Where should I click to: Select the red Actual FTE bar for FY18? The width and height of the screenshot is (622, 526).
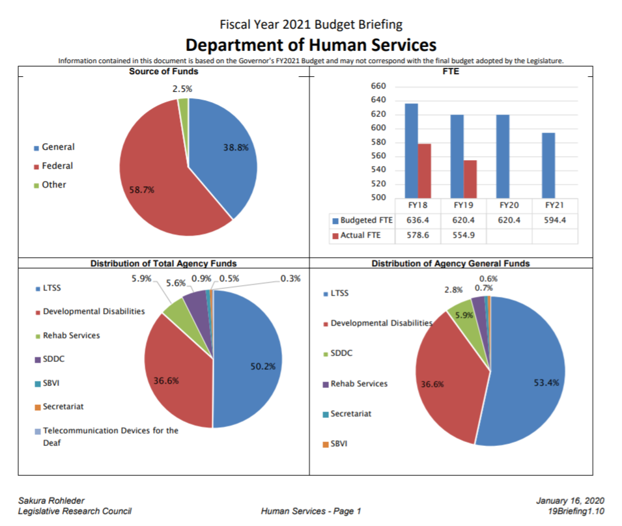(x=424, y=171)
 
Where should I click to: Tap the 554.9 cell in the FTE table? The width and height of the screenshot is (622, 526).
(x=463, y=235)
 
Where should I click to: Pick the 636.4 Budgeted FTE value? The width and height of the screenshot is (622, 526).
(x=417, y=220)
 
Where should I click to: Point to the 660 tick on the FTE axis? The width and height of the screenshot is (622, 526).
(x=378, y=87)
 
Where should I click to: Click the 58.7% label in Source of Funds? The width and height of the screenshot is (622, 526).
(x=141, y=189)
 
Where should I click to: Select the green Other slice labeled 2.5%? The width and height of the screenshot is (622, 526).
(x=184, y=104)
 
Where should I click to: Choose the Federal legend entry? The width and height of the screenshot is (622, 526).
(x=57, y=166)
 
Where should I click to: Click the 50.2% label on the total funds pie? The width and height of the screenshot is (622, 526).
(x=263, y=367)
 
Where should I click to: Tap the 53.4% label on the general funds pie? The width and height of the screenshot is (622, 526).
(x=546, y=383)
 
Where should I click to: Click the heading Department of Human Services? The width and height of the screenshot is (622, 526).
(x=311, y=45)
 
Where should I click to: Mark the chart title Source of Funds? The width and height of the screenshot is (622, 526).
(x=163, y=72)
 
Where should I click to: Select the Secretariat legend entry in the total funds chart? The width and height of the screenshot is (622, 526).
(x=63, y=407)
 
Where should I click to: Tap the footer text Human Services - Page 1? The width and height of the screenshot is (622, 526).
(x=311, y=511)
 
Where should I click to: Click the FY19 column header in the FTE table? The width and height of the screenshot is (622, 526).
(x=463, y=204)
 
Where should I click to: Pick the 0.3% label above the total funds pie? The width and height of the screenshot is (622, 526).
(x=290, y=279)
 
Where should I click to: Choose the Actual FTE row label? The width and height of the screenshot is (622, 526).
(x=360, y=235)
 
